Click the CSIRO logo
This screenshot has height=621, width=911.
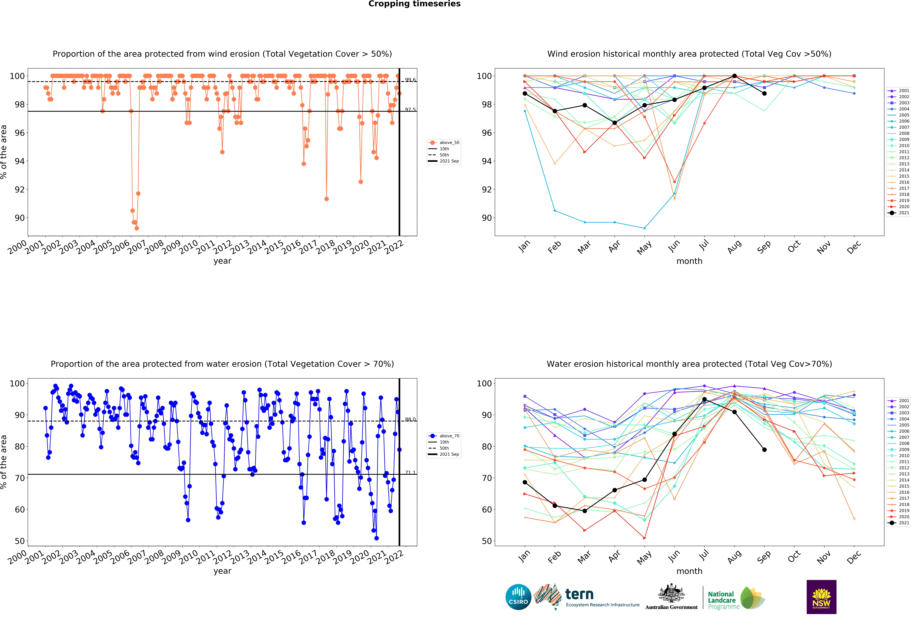coord(518,597)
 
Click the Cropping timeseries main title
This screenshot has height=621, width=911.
coord(414,4)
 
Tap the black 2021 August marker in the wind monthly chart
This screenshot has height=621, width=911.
coord(734,76)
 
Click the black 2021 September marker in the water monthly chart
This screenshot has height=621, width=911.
coord(764,450)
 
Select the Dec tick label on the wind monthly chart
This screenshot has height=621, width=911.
coord(854,247)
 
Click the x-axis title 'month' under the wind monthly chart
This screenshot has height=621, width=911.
coord(689,261)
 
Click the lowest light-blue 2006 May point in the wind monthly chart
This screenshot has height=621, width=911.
coord(644,228)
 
